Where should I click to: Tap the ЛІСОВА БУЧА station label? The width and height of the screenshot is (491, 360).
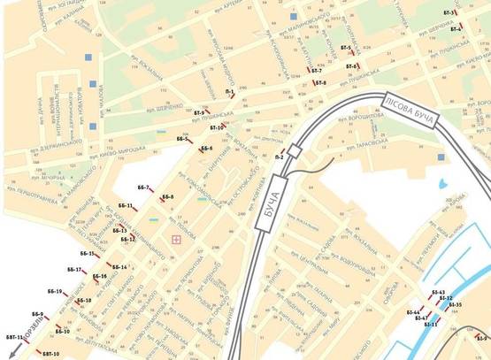(x=412, y=107)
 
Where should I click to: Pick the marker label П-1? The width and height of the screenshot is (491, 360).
(x=230, y=92)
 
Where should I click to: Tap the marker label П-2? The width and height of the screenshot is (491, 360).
(x=280, y=157)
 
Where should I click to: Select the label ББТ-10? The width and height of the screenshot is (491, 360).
(x=49, y=354)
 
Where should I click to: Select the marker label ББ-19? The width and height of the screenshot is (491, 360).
(x=53, y=291)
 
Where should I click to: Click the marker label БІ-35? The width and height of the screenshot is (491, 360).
(x=456, y=304)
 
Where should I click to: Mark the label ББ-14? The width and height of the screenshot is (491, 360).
(x=119, y=266)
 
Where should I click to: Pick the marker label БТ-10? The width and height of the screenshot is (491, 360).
(x=218, y=128)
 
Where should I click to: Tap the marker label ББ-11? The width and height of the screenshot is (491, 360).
(x=126, y=206)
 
